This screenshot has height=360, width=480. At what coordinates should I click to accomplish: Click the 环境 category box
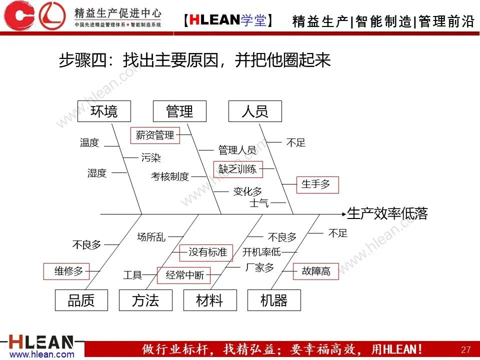pos(104,111)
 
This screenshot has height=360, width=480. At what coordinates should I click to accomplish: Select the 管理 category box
pos(179,111)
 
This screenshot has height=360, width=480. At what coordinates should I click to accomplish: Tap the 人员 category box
pos(255,111)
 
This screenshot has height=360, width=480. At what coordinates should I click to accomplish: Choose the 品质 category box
pos(81,300)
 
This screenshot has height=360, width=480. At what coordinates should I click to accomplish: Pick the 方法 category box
pos(145,300)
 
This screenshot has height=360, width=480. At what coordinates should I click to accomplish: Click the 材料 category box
pos(209,300)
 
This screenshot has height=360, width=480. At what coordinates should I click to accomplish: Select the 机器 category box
pos(274,300)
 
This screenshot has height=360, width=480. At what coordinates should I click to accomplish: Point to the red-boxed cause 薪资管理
pos(155,134)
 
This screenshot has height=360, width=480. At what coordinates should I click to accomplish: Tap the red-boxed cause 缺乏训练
pos(237,169)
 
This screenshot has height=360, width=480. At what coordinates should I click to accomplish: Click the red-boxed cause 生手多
pos(317,184)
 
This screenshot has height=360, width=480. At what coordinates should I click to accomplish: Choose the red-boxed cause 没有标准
pos(207,252)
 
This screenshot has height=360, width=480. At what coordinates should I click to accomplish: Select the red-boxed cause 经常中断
pos(184,275)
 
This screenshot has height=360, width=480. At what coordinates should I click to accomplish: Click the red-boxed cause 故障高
pos(315,271)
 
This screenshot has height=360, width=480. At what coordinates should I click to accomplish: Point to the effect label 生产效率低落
pos(387,214)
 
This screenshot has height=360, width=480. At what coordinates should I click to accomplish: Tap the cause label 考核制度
pos(170,176)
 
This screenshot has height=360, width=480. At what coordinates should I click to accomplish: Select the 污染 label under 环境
pos(151,158)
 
